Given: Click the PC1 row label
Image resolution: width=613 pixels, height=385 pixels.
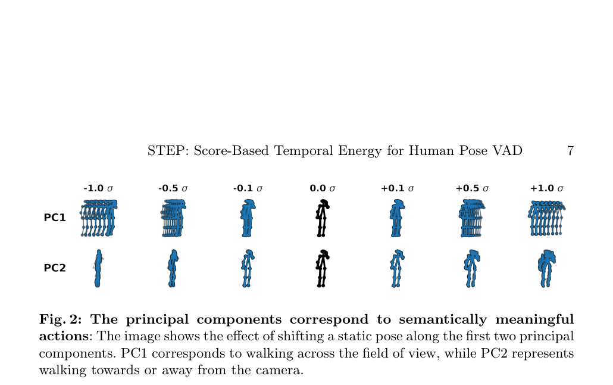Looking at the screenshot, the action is [55, 218].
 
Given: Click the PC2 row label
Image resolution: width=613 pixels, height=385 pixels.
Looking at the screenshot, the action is [55, 268].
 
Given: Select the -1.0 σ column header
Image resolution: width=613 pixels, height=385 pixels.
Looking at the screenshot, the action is [98, 188].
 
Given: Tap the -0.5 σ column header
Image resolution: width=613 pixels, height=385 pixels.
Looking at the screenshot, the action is [173, 188].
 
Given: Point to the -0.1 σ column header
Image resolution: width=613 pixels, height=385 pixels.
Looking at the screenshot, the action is [248, 188].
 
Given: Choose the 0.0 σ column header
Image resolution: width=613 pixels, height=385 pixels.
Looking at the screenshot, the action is [323, 188].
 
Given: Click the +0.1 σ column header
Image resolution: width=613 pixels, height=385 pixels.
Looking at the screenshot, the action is [398, 188].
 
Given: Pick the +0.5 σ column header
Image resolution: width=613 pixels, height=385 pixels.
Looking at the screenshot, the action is [473, 188].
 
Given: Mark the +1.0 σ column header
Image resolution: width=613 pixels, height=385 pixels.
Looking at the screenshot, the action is [547, 188].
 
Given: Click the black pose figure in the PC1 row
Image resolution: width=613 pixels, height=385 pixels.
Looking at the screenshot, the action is [322, 218].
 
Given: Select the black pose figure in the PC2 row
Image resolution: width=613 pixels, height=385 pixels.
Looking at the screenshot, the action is [322, 269].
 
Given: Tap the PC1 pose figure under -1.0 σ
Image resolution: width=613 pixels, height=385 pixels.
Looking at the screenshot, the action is [99, 218].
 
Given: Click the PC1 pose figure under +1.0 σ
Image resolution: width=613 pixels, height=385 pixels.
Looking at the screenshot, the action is [547, 218].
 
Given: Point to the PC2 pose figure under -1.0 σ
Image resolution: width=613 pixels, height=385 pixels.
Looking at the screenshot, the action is [98, 269].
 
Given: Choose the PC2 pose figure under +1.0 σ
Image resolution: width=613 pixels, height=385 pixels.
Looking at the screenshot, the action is [547, 269].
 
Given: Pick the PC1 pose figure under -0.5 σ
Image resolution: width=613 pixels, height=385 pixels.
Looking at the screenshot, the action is [173, 218].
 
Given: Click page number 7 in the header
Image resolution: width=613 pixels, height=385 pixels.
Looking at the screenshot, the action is [570, 151].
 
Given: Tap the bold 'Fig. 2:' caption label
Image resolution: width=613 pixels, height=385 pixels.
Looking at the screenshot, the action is [60, 319].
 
